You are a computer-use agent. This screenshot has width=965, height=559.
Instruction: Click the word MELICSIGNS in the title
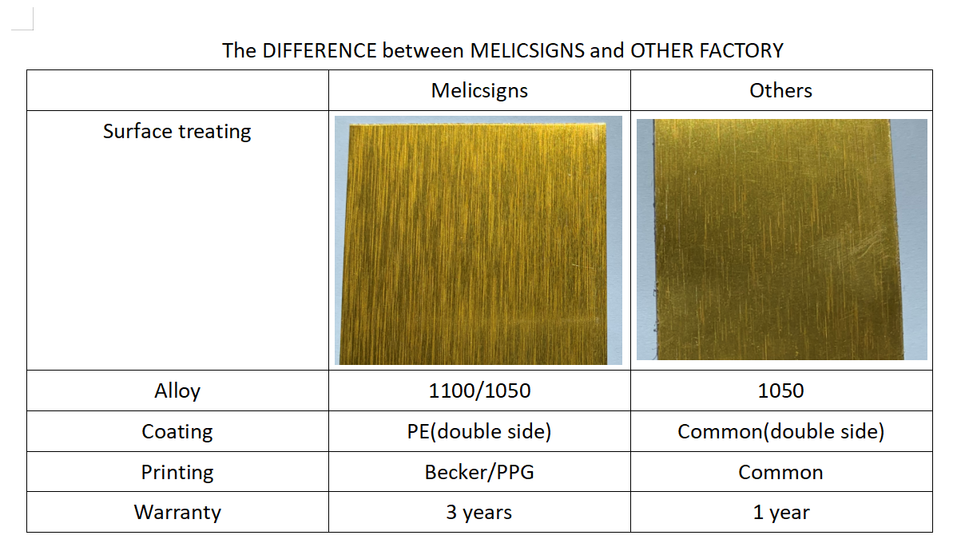[x=527, y=51]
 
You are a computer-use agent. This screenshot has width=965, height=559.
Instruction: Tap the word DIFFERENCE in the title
[x=320, y=51]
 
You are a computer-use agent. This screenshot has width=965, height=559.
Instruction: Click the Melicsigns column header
[x=479, y=91]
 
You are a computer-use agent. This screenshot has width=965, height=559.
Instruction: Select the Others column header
[x=780, y=91]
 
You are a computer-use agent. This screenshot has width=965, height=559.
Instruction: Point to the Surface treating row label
[x=177, y=132]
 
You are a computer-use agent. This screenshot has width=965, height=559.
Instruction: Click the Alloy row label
[x=177, y=391]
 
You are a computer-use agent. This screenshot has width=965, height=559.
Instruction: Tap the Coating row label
[x=177, y=431]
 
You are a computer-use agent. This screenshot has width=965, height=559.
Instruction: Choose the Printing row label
[x=177, y=473]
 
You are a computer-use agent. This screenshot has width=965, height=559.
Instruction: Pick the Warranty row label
[x=177, y=513]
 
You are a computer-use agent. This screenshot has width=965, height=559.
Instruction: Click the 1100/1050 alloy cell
[x=479, y=391]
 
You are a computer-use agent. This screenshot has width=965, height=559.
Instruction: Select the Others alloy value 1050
[x=780, y=391]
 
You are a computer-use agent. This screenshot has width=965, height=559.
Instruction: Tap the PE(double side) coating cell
[x=479, y=431]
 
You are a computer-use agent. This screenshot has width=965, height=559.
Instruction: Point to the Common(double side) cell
[x=780, y=431]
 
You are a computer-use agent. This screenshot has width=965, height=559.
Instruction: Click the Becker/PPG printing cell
[x=479, y=473]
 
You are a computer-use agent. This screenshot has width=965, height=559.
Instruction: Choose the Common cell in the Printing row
[x=780, y=473]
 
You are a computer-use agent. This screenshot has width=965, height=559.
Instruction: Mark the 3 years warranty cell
[x=479, y=513]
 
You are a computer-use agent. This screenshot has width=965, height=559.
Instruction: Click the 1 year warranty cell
[x=781, y=513]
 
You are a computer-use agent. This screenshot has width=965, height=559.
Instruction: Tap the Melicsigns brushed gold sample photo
[x=479, y=240]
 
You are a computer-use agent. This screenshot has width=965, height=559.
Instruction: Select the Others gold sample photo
[x=782, y=240]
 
